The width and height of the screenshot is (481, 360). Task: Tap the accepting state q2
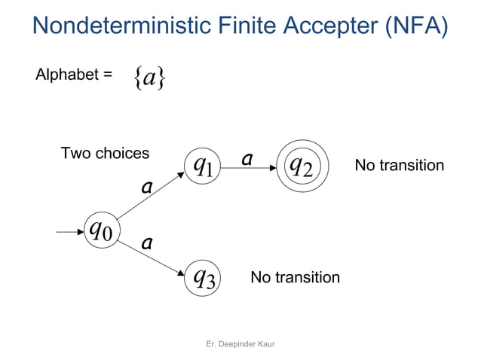coord(302,166)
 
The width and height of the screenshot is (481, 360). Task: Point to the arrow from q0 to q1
coord(150,198)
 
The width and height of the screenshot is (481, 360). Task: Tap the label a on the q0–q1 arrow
coord(147,187)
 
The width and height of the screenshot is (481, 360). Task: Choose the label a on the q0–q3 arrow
coord(147,243)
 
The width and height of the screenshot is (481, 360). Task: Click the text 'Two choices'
coord(105,154)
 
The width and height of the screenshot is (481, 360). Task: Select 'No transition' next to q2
coord(399,165)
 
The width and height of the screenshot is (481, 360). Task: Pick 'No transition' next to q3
coord(295,278)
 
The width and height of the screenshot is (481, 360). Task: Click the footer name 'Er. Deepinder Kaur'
coord(240,343)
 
